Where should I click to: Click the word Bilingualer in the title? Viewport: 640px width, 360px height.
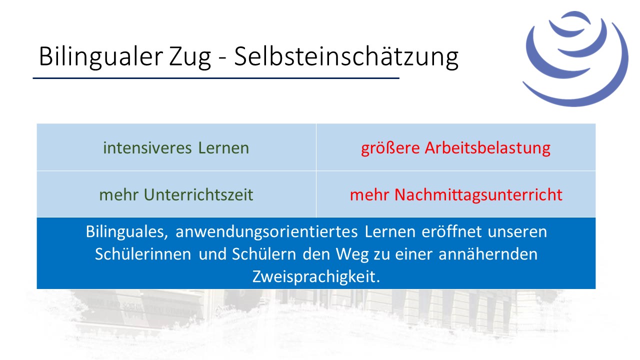click(x=101, y=57)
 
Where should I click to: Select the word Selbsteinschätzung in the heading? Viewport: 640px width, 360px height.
click(x=346, y=57)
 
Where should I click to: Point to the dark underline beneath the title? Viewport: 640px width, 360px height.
click(x=216, y=78)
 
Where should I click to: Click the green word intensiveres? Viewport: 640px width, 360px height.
click(x=147, y=148)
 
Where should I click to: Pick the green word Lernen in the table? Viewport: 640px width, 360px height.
click(x=223, y=148)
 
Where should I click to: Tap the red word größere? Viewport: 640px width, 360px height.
click(x=390, y=149)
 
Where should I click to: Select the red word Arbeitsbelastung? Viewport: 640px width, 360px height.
click(x=487, y=148)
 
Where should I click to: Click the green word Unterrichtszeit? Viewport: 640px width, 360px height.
click(x=198, y=195)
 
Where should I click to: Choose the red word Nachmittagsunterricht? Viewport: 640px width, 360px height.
click(x=478, y=195)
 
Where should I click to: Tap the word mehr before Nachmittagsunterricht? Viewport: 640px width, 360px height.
click(x=369, y=195)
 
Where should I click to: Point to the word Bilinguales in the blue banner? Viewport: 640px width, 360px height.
click(x=127, y=231)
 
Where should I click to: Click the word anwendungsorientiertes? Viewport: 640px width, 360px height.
click(x=266, y=232)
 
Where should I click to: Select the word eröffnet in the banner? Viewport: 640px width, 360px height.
click(x=451, y=231)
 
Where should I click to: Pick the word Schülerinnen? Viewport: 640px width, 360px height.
click(x=143, y=254)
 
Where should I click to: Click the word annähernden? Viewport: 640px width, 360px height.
click(x=488, y=254)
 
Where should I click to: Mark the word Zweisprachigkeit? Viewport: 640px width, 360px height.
click(x=316, y=277)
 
